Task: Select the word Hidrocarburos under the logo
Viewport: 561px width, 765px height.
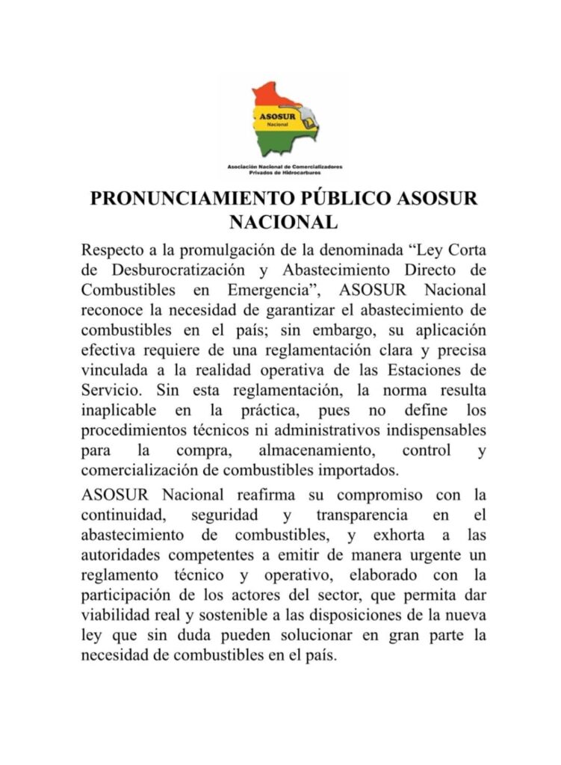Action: [312, 172]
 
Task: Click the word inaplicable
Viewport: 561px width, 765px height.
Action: [120, 410]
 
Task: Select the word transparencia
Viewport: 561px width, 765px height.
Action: [362, 515]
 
